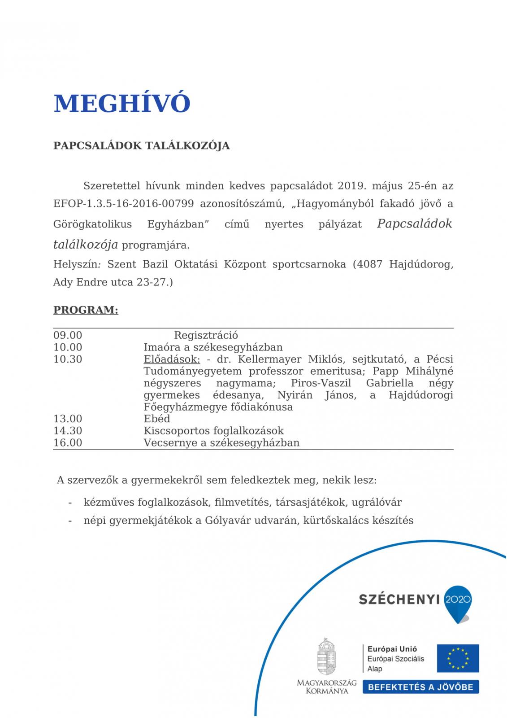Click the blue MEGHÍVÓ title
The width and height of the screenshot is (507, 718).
tap(122, 104)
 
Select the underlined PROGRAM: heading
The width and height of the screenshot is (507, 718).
tap(86, 310)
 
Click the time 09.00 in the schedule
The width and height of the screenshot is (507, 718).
tap(68, 335)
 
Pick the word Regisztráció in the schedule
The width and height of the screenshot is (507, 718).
tap(206, 335)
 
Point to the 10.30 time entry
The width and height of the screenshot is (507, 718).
tap(68, 359)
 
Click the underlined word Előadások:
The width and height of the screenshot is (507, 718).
tap(172, 359)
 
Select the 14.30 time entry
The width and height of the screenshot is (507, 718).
tap(68, 431)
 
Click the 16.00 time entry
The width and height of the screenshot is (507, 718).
tap(68, 442)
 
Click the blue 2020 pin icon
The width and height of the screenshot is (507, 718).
tap(457, 602)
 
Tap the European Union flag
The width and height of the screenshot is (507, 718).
tap(458, 658)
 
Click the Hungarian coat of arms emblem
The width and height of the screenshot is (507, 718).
tap(326, 656)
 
